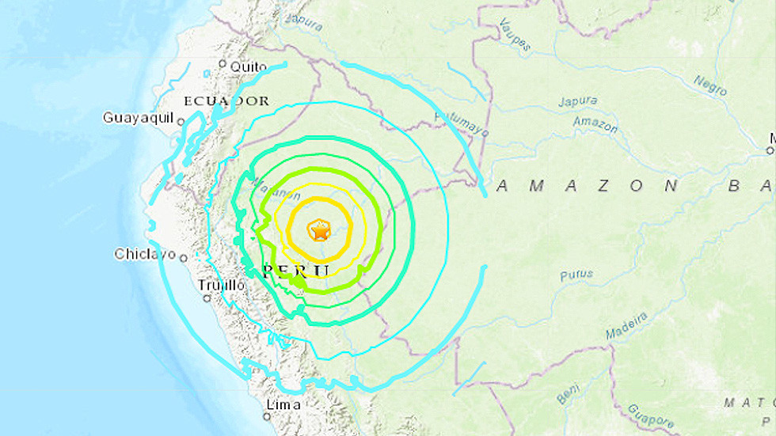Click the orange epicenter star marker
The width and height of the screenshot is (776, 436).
click(x=319, y=231)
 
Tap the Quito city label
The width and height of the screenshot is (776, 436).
click(x=248, y=67)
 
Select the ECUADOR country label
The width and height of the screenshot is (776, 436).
click(x=226, y=101)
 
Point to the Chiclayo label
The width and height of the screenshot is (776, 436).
click(x=145, y=254)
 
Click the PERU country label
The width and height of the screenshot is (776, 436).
click(x=295, y=271)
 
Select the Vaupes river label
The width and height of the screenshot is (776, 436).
click(x=514, y=37)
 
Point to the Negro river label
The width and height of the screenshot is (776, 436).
click(x=709, y=85)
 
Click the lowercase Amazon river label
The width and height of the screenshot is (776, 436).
click(x=595, y=124)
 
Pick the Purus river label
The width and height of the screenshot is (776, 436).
click(x=576, y=275)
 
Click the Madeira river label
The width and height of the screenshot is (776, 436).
click(x=626, y=327)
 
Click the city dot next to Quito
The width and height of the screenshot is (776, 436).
click(x=223, y=64)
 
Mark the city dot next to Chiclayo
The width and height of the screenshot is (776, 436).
click(x=184, y=257)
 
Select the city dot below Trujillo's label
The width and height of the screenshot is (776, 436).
click(x=207, y=298)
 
